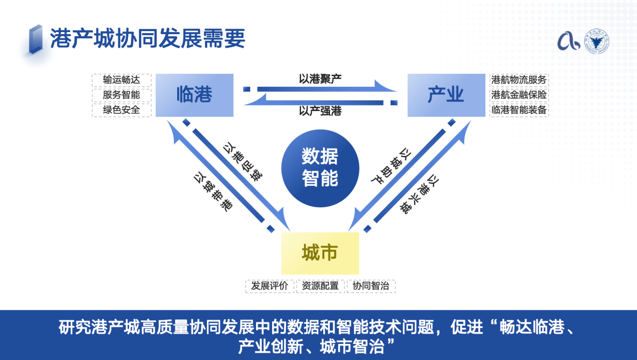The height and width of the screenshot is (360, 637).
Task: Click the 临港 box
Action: point(194,95)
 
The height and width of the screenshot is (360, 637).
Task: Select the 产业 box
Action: point(446,95)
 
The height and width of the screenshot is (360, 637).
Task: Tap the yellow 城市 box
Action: point(320,253)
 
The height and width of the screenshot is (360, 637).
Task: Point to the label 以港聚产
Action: point(320,78)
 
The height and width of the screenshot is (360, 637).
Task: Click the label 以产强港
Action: point(320,111)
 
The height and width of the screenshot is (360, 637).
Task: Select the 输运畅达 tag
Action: point(121,80)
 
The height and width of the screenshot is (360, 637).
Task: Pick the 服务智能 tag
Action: point(121,95)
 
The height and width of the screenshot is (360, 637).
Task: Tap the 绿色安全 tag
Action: point(121,109)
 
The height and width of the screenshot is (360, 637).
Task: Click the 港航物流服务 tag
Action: point(519,80)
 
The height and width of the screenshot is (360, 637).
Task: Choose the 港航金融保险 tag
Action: point(519,95)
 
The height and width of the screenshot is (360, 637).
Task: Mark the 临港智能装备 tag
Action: point(519,109)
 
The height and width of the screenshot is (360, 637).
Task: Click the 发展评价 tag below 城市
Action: point(270,286)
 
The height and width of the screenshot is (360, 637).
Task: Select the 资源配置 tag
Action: point(320,286)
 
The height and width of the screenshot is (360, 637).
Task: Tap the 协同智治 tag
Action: point(371,286)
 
